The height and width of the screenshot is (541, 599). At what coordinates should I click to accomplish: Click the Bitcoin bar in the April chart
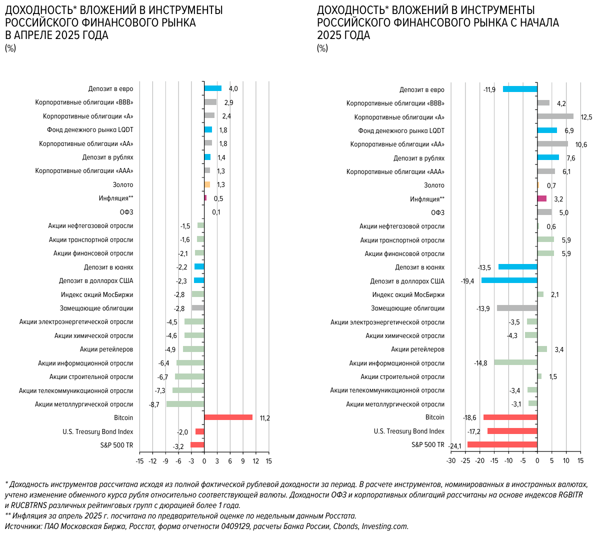point(228,417)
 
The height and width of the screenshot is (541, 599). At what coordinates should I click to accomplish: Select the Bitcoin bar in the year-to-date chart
point(510,417)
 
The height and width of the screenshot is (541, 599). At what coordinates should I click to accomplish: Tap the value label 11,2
point(264,418)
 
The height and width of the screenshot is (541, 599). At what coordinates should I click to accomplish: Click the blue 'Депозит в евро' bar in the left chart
point(212,88)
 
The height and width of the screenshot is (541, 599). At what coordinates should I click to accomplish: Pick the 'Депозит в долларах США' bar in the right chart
point(509,280)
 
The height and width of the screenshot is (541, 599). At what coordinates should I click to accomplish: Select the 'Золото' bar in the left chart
point(207,184)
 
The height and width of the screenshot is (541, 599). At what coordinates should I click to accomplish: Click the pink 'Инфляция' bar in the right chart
point(541,198)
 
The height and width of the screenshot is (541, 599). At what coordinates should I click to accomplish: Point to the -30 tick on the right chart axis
point(450,461)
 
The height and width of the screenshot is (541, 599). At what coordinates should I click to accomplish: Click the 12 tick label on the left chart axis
point(255,461)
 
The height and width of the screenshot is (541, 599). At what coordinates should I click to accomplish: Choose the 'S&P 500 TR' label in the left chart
point(116,445)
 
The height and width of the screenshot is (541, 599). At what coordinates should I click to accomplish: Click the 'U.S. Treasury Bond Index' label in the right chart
point(409,431)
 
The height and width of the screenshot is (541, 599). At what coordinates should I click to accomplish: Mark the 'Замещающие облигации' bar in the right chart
point(517,308)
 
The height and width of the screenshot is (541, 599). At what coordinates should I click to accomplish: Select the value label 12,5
point(586,117)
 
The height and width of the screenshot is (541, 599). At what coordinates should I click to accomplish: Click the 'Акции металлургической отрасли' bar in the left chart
point(185,404)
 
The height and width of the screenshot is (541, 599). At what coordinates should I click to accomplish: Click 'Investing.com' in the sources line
point(384,526)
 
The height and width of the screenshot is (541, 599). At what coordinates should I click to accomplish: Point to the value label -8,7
point(154,404)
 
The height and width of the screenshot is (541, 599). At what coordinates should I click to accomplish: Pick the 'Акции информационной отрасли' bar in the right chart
point(515,362)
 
